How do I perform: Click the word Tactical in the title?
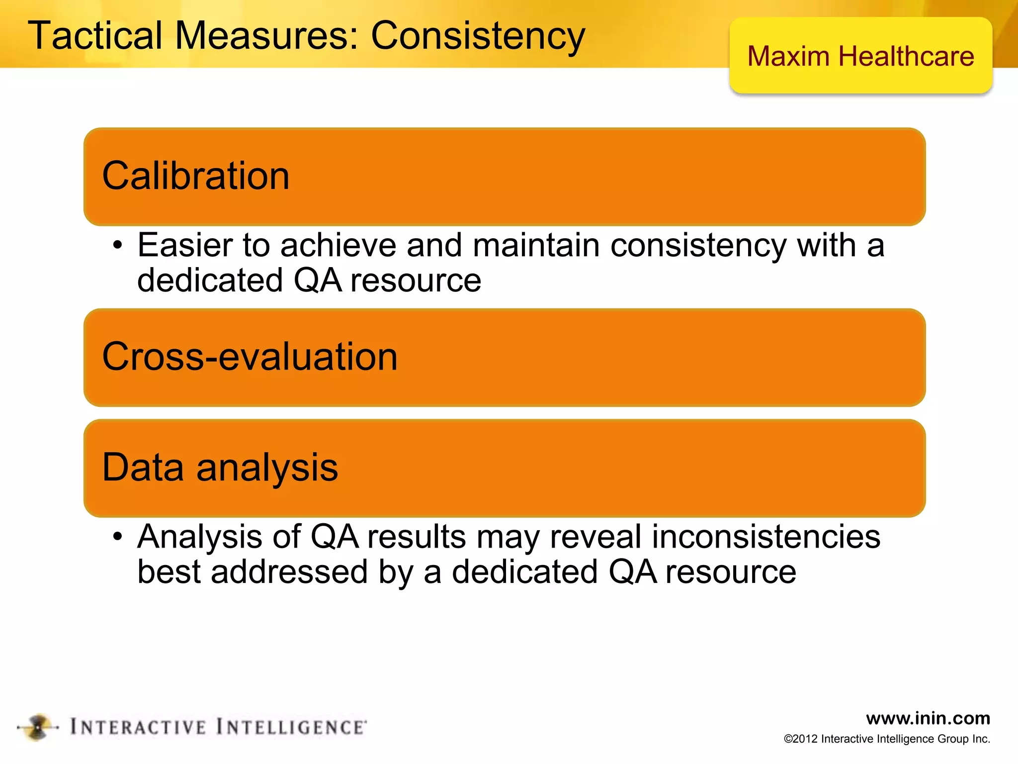(x=95, y=35)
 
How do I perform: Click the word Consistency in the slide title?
(x=478, y=36)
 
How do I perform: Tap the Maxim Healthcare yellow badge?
(x=860, y=56)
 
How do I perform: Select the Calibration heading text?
(x=195, y=176)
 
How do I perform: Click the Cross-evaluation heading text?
(x=250, y=357)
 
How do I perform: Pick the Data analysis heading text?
(x=220, y=468)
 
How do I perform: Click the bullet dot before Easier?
(x=117, y=245)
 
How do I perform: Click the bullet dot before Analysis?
(x=117, y=537)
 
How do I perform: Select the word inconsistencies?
(x=766, y=537)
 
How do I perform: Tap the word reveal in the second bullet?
(x=595, y=537)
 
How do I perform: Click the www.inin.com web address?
(x=928, y=718)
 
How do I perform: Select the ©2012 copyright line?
(x=887, y=739)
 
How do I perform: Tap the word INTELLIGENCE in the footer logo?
(x=291, y=727)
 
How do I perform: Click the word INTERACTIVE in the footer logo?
(x=138, y=727)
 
